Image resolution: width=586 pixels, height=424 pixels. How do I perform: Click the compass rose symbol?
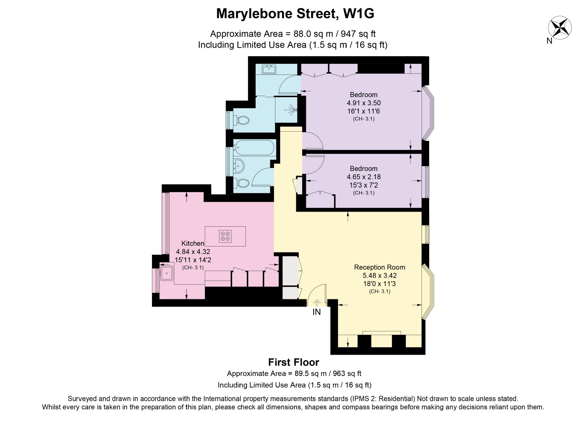click(x=560, y=28)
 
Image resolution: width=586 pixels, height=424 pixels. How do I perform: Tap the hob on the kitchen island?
click(x=225, y=236)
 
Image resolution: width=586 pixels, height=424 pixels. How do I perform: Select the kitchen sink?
click(x=167, y=273)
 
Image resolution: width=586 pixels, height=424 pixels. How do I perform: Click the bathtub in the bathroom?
click(x=254, y=148)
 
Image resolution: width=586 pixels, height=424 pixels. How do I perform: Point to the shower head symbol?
click(x=292, y=110)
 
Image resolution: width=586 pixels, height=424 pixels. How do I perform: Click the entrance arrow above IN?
click(x=316, y=303)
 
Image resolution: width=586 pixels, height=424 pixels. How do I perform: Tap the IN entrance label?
click(x=316, y=312)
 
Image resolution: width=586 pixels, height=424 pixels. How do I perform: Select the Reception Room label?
click(x=379, y=267)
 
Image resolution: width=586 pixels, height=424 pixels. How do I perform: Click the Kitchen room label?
click(x=193, y=243)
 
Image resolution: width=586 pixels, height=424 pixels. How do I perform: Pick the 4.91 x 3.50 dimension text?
click(x=364, y=103)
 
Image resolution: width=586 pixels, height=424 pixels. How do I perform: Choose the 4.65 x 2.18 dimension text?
click(x=364, y=177)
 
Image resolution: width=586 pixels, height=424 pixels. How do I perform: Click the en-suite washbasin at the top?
click(x=269, y=70)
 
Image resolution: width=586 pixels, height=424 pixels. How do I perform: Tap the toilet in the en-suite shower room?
click(x=242, y=121)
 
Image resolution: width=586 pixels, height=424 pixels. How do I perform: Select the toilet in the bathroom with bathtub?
click(x=242, y=183)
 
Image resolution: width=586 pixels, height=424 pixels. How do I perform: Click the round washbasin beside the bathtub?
click(x=239, y=166)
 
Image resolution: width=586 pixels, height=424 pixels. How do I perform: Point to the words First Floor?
click(x=293, y=362)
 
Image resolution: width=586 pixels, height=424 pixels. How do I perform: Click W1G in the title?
click(x=359, y=14)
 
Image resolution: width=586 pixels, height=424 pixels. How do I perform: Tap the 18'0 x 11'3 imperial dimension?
click(x=379, y=284)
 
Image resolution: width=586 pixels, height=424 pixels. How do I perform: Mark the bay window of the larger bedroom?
click(x=428, y=113)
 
